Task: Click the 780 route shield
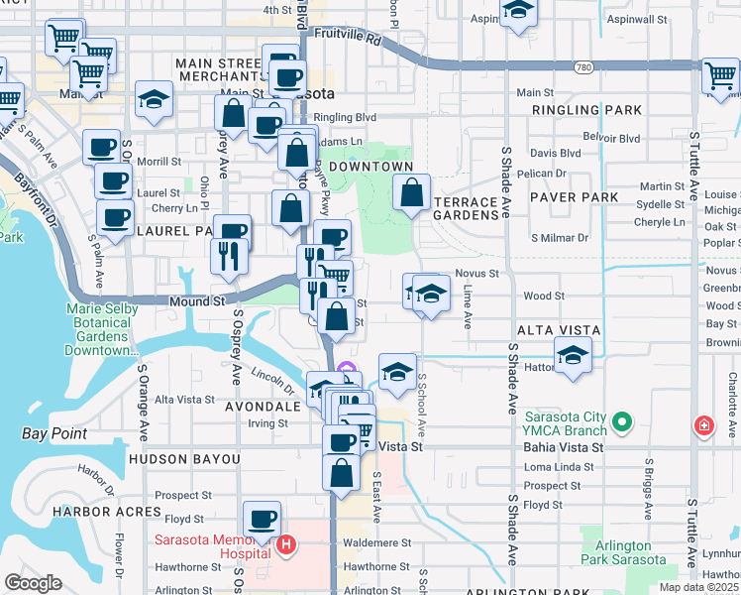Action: click(x=583, y=66)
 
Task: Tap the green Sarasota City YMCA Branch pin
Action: click(x=621, y=422)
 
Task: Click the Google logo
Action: click(x=33, y=583)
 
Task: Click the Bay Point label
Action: click(x=53, y=433)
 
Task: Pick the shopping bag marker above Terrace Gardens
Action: click(x=411, y=192)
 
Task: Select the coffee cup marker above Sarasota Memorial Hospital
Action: click(x=262, y=518)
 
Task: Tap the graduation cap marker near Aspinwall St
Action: click(x=518, y=12)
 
